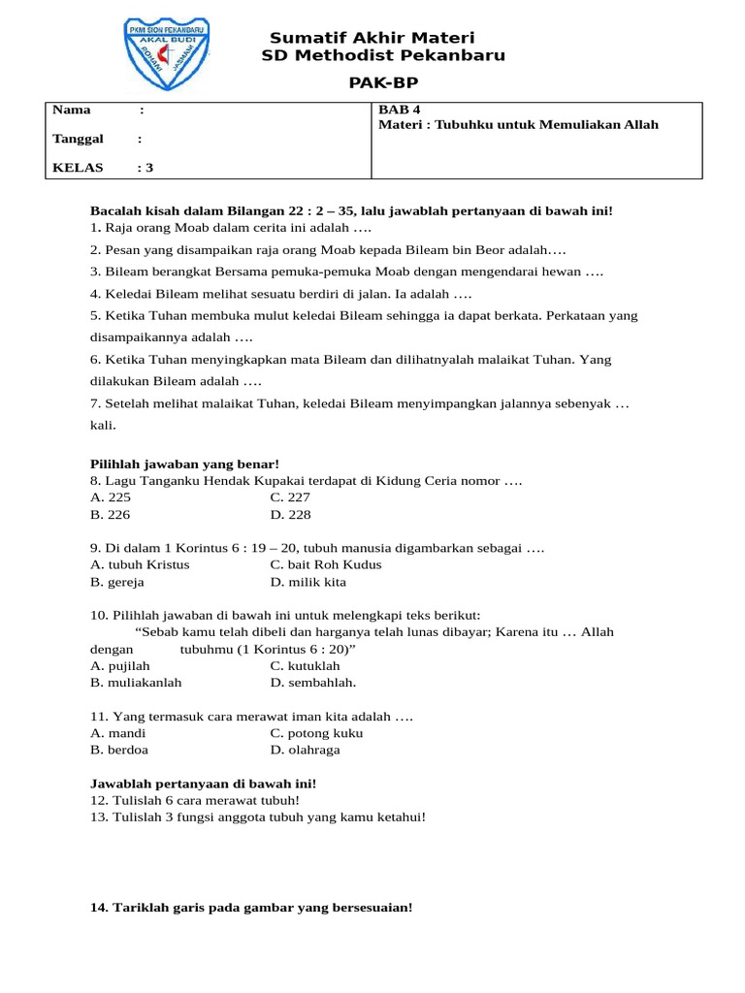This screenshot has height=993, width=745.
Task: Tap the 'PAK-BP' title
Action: point(383,84)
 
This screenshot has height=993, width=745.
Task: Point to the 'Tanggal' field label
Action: point(78,139)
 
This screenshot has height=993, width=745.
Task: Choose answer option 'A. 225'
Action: point(110,497)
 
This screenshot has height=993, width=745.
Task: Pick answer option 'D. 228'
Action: point(290,515)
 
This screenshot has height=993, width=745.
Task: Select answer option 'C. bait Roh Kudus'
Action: point(326,564)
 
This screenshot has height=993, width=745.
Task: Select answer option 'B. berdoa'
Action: point(119,750)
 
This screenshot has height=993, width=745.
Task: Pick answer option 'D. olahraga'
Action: point(305,750)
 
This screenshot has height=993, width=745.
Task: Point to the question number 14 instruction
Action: point(251,908)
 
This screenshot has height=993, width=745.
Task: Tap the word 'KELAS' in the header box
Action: point(78,167)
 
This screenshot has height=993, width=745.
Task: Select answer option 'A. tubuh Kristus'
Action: point(140,564)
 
